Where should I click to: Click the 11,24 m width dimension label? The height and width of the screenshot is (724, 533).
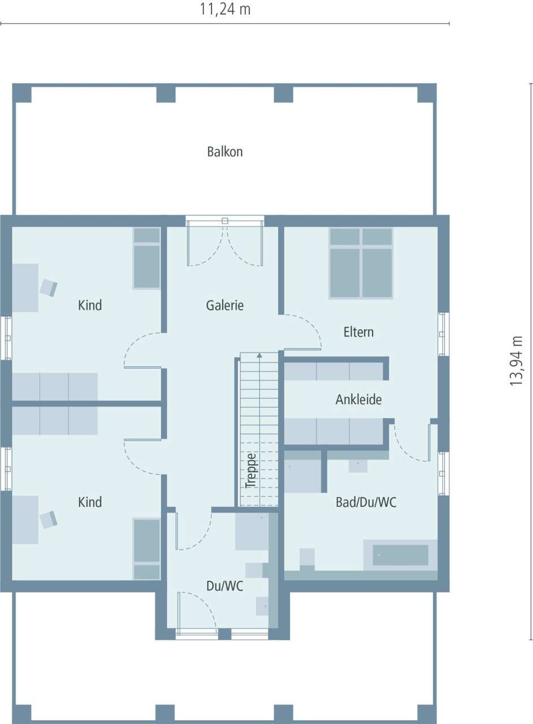click(x=225, y=9)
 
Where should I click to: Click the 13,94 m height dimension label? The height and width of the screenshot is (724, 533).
click(x=516, y=361)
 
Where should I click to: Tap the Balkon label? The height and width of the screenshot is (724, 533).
click(x=225, y=152)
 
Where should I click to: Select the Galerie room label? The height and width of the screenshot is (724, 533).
click(x=225, y=305)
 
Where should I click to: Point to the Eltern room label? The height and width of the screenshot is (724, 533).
click(x=359, y=331)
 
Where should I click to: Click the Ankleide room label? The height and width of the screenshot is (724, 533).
click(x=359, y=399)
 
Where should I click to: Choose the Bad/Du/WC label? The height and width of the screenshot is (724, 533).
click(x=366, y=502)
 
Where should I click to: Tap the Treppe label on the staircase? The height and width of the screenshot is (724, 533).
click(x=251, y=471)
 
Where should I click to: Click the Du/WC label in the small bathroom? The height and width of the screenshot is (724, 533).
click(x=225, y=586)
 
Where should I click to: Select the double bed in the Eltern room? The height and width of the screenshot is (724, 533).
click(x=361, y=263)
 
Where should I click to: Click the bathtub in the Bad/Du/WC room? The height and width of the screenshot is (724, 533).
click(x=401, y=555)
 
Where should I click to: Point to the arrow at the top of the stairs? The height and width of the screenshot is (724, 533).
click(x=259, y=356)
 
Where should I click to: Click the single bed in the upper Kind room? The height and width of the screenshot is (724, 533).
click(x=147, y=258)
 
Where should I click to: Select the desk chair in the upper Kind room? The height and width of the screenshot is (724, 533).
click(x=49, y=288)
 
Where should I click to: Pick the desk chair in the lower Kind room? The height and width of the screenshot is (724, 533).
click(x=49, y=519)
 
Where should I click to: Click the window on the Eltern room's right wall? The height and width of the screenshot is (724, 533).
click(x=444, y=334)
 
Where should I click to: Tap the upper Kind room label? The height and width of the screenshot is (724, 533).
click(x=90, y=305)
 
